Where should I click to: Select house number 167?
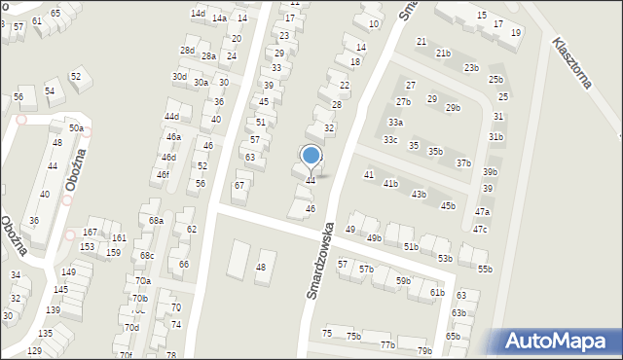pyautogui.click(x=90, y=233)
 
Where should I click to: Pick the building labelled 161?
pyautogui.click(x=118, y=237)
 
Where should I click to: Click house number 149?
pyautogui.click(x=68, y=272)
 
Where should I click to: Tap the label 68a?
pyautogui.click(x=156, y=221)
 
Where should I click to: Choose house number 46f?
pyautogui.click(x=163, y=175)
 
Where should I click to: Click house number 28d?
pyautogui.click(x=187, y=50)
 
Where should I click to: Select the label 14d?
pyautogui.click(x=198, y=14)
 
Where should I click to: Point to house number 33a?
pyautogui.click(x=394, y=123)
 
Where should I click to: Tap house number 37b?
pyautogui.click(x=463, y=163)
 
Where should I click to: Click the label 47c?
pyautogui.click(x=480, y=230)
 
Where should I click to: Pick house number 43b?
pyautogui.click(x=419, y=195)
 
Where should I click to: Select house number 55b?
pyautogui.click(x=485, y=269)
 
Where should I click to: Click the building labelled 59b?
pyautogui.click(x=403, y=281)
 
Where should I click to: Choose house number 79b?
pyautogui.click(x=423, y=351)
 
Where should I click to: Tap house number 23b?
pyautogui.click(x=471, y=68)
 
